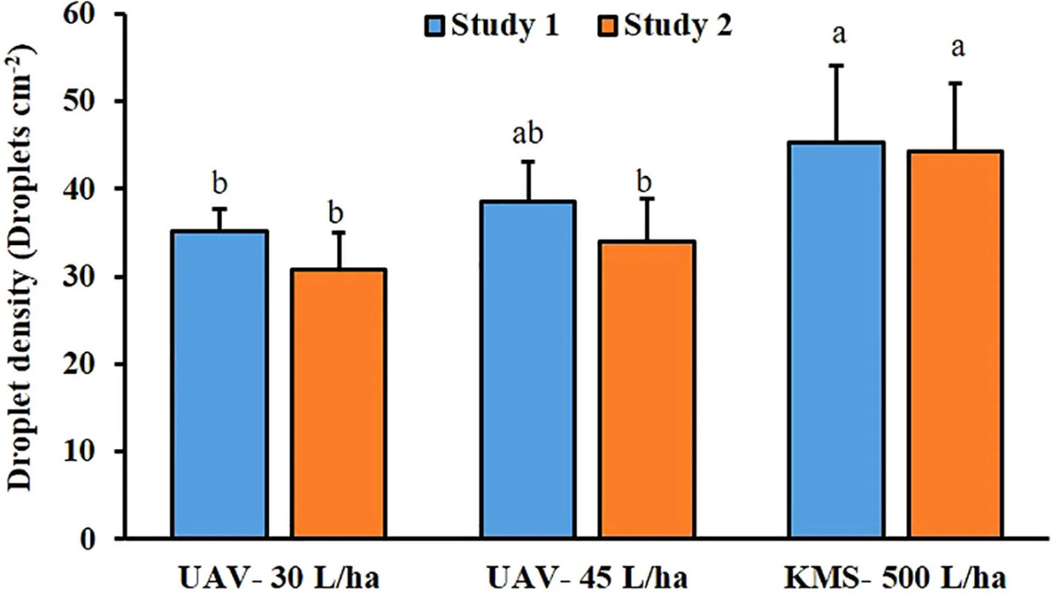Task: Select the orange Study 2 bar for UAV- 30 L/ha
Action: [339, 404]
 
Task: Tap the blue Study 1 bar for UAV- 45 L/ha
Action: [528, 370]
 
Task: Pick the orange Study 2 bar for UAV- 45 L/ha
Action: [647, 390]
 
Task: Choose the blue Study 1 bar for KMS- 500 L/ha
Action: [837, 340]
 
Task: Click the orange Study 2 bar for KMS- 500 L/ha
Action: [956, 345]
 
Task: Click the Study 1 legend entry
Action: [494, 26]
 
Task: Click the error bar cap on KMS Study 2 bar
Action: [956, 83]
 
